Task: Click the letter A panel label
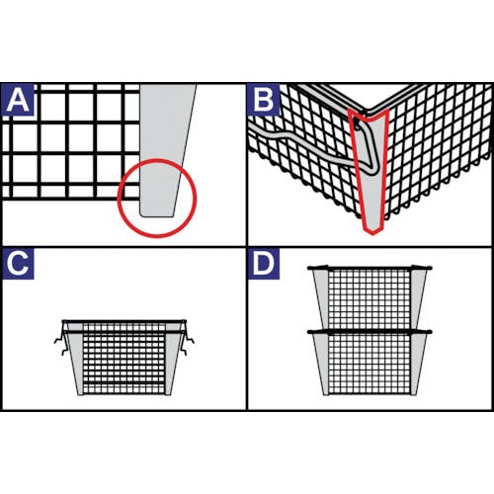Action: pos(18,100)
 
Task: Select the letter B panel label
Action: pos(264,100)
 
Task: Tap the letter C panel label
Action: pos(18,264)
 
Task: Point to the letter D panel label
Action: pos(264,264)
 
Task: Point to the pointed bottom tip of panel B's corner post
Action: pos(372,235)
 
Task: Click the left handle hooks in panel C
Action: pos(61,343)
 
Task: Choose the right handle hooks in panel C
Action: pos(187,343)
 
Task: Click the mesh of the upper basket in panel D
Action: pos(370,299)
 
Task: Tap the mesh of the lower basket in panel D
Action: pos(370,364)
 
